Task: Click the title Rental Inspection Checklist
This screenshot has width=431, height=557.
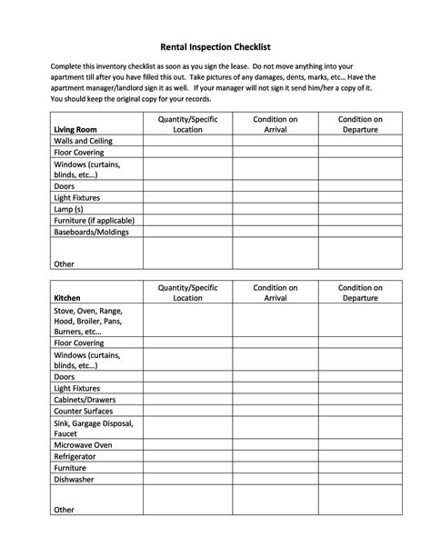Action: click(215, 46)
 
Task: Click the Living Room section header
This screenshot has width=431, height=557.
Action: click(75, 130)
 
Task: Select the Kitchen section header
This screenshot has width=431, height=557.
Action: click(68, 298)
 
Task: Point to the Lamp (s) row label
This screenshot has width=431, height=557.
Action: click(70, 209)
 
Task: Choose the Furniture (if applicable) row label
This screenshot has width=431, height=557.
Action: click(94, 220)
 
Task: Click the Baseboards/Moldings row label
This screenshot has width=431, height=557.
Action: click(91, 232)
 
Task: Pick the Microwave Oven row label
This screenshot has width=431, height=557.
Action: click(83, 445)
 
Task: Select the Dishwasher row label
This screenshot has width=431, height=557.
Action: click(74, 479)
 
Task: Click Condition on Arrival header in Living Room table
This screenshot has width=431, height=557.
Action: click(276, 124)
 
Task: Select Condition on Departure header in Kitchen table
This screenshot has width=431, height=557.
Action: click(360, 293)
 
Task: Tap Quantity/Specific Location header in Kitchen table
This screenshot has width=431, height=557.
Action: click(187, 293)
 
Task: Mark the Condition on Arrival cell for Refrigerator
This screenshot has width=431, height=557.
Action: click(276, 457)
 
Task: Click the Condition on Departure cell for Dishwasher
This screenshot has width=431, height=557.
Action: click(360, 479)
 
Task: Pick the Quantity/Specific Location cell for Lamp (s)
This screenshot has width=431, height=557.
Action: click(187, 209)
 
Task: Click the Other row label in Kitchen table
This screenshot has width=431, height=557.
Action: click(64, 510)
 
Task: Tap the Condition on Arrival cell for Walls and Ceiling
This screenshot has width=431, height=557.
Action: click(276, 143)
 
